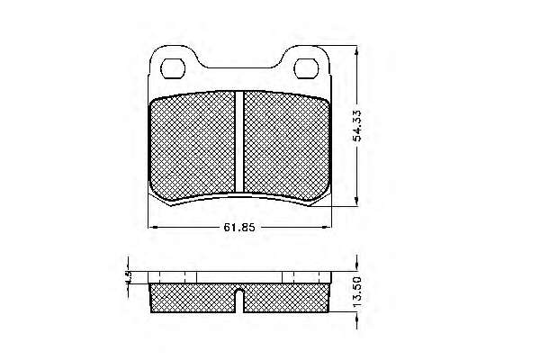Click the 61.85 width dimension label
click(239, 228)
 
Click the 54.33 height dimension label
click(357, 126)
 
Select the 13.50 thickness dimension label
click(357, 292)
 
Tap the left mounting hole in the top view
click(173, 68)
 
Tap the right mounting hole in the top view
click(306, 68)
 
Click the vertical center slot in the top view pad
click(239, 141)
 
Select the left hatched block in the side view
click(193, 298)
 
